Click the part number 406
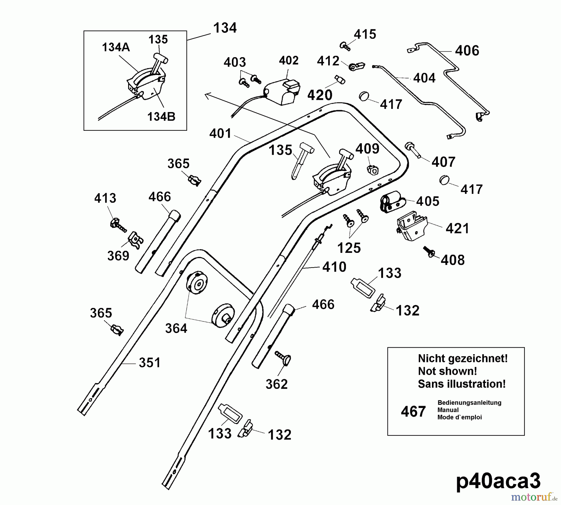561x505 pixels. click(467, 51)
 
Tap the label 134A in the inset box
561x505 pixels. click(116, 47)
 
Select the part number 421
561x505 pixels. click(457, 229)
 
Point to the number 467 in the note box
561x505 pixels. click(413, 412)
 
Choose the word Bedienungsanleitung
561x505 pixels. click(469, 403)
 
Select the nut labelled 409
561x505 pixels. click(372, 170)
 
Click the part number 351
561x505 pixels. click(150, 363)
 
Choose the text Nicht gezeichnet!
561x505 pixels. click(463, 358)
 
